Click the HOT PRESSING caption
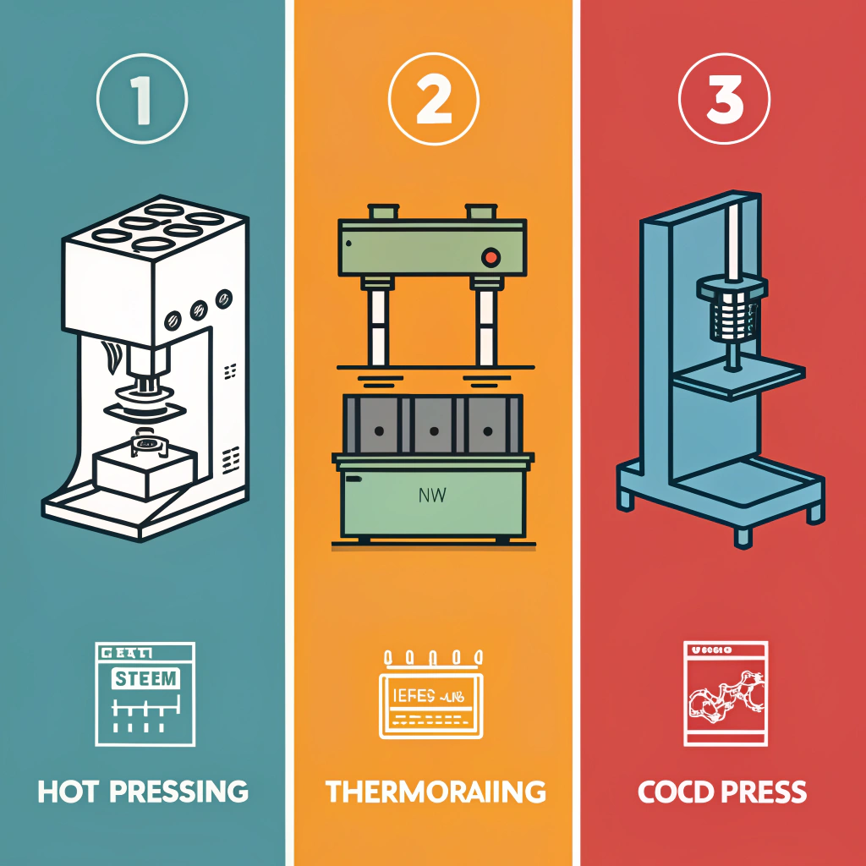143,792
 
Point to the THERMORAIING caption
436,792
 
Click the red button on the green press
489,256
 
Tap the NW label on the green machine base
432,497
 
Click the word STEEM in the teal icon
145,678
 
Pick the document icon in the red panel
725,693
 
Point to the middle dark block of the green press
433,425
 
